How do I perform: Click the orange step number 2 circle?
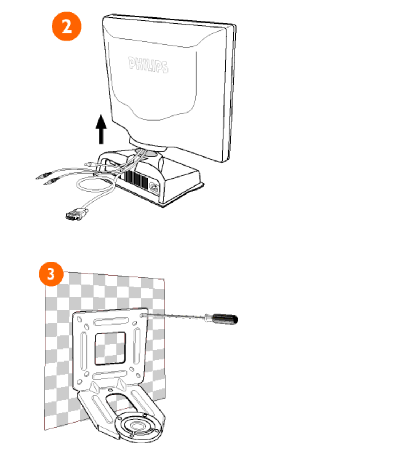point(66,26)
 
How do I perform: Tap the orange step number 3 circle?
point(51,274)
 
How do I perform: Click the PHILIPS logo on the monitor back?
point(148,65)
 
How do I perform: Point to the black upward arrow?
point(101,129)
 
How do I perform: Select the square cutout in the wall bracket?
point(110,348)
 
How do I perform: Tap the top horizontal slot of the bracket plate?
point(111,321)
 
